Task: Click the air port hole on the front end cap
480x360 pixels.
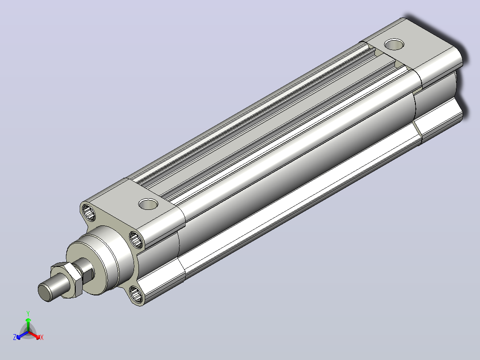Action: [x=148, y=204]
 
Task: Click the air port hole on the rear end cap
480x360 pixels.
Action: [x=394, y=44]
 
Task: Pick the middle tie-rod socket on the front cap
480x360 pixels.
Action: [x=136, y=239]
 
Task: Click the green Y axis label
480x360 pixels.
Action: [x=28, y=313]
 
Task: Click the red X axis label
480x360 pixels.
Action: [x=42, y=337]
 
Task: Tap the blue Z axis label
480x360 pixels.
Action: [x=15, y=337]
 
